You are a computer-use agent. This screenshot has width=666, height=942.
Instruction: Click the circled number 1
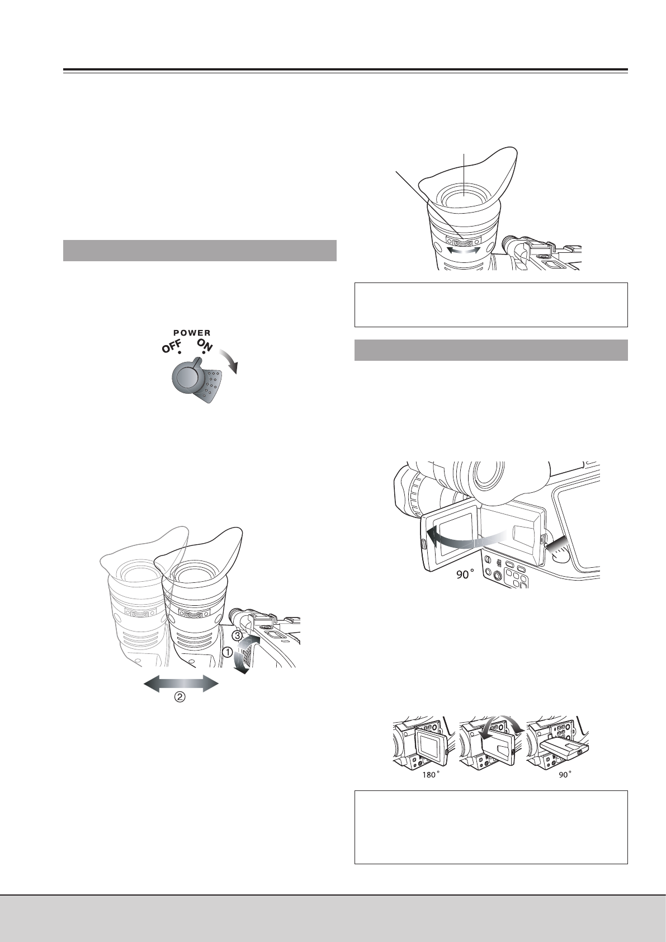click(228, 652)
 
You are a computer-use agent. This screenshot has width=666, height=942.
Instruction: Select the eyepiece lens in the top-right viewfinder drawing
click(464, 196)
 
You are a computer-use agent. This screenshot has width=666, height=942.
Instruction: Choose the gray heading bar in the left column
click(200, 250)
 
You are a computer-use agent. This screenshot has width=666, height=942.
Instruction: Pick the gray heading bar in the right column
click(492, 350)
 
